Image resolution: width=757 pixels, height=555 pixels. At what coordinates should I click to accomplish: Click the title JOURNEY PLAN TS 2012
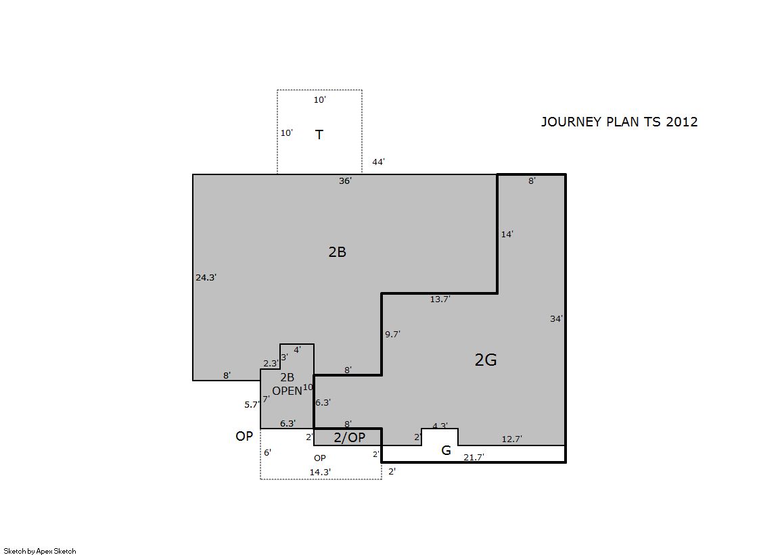[620, 122]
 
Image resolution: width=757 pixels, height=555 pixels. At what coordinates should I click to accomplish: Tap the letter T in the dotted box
[319, 135]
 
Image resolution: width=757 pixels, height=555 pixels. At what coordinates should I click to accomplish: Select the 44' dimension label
[379, 162]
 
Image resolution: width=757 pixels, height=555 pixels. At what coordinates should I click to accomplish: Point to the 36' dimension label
[345, 181]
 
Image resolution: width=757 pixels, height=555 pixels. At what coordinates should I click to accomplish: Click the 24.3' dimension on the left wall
[206, 277]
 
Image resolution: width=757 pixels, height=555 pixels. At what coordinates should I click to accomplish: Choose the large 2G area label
[486, 360]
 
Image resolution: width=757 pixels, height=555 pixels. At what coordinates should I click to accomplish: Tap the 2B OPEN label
[288, 384]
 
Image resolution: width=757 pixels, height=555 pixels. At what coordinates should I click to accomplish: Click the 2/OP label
[350, 437]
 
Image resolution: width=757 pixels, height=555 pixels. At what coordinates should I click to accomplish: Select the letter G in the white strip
[446, 450]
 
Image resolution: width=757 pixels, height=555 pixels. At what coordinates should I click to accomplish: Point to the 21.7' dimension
[474, 457]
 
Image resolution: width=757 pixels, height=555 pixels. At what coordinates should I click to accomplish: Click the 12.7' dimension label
[511, 439]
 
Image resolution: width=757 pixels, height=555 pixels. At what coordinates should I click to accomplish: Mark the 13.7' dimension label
[440, 299]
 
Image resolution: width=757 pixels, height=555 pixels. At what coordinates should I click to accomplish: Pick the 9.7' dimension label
[392, 334]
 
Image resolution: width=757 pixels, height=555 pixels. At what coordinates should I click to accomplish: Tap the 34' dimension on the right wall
[557, 318]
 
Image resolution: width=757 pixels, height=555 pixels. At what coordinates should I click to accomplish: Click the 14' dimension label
[507, 234]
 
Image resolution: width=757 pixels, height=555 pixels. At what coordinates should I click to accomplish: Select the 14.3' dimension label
[320, 472]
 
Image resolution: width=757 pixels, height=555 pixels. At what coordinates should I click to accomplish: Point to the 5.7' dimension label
[252, 404]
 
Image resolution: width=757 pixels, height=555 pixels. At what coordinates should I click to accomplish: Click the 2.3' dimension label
[271, 364]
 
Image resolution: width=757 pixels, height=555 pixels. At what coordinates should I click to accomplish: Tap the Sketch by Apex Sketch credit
[40, 551]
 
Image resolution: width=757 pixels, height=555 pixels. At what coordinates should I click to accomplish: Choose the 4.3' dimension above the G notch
[440, 426]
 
